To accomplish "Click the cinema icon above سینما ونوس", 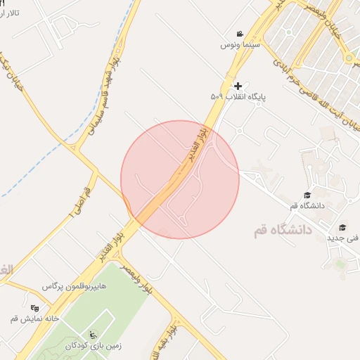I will click(240, 34).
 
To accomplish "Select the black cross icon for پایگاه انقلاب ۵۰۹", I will click(237, 85).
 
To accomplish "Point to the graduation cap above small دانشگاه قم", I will click(307, 195).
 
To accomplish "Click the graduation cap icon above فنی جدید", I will click(342, 227).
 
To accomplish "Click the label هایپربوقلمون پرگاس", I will click(72, 287).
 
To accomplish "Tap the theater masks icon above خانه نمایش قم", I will click(35, 307).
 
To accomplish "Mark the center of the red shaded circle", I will click(180, 180).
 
